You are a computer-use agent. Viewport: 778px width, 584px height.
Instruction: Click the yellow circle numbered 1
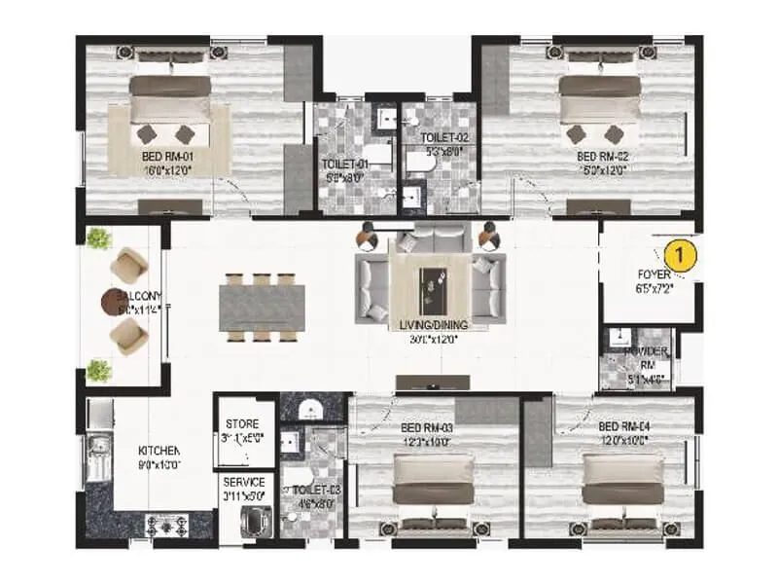pos(683,256)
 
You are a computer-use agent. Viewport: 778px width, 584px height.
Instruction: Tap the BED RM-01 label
pos(169,155)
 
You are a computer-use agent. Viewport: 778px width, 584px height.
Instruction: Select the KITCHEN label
pos(159,452)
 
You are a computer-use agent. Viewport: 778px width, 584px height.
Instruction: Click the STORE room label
pos(241,424)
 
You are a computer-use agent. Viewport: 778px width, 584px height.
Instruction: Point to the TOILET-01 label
pos(344,165)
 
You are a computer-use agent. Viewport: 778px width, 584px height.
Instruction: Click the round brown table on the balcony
pos(109,306)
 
